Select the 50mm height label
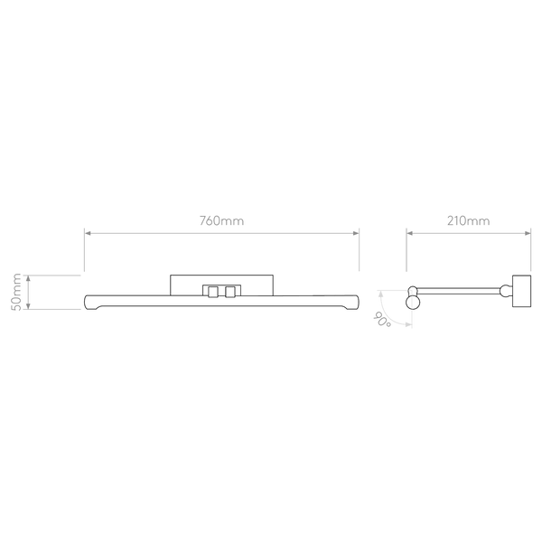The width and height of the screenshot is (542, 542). pyautogui.click(x=15, y=291)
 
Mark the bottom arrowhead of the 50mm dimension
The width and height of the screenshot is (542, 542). pyautogui.click(x=30, y=306)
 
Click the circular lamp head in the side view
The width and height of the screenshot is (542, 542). pyautogui.click(x=414, y=299)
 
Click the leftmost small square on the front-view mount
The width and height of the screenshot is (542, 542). pyautogui.click(x=207, y=290)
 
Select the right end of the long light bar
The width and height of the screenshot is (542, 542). pyautogui.click(x=355, y=302)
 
